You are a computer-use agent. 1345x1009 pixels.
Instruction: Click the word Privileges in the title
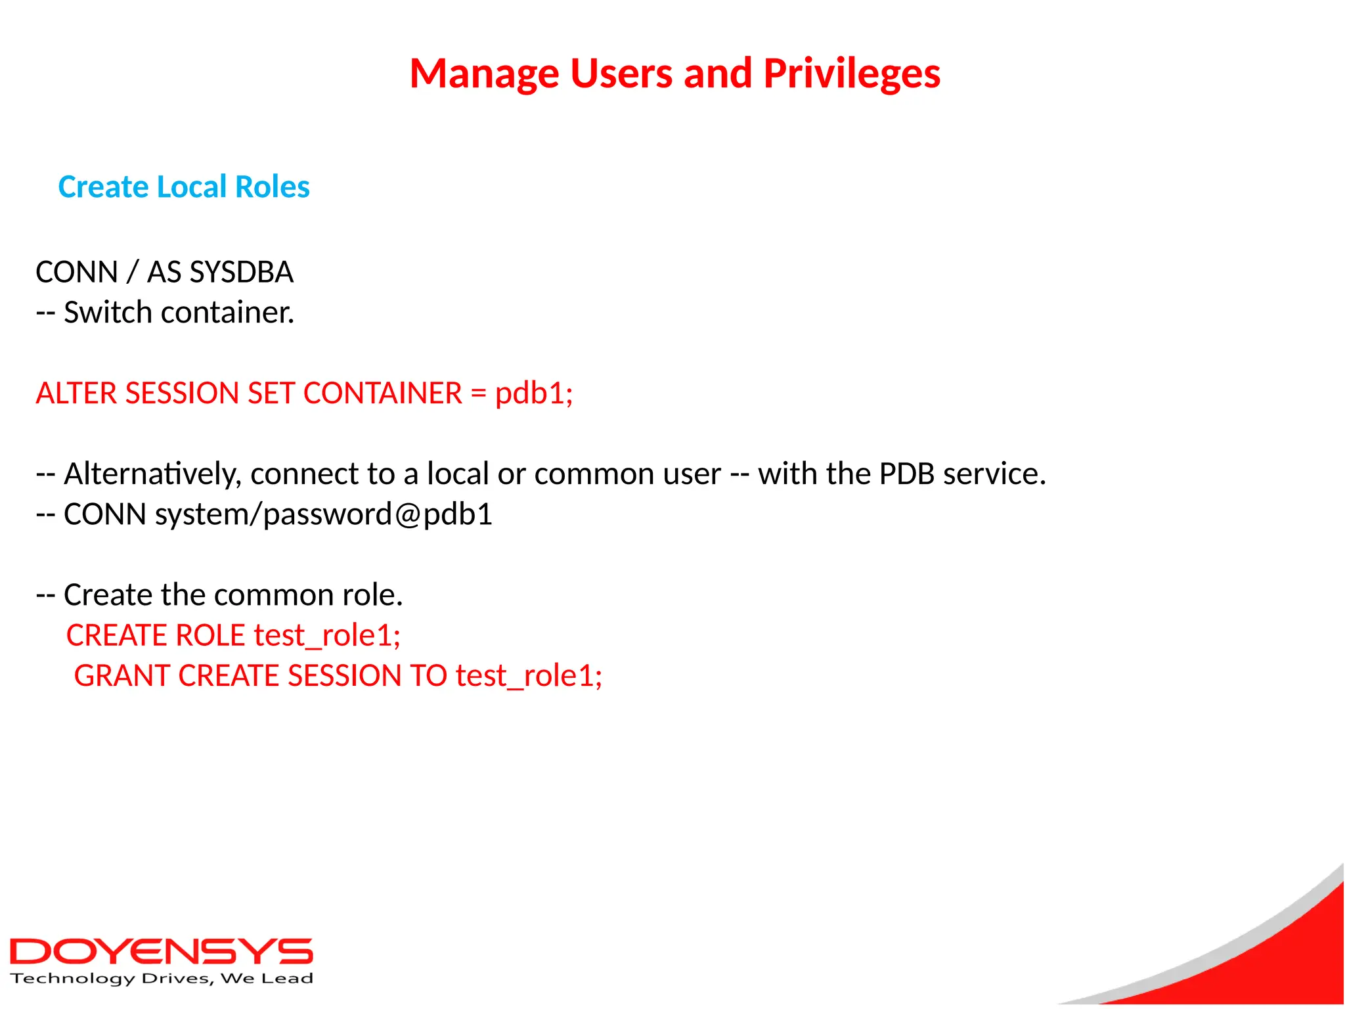click(x=852, y=74)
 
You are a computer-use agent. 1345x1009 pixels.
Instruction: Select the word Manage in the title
click(x=484, y=74)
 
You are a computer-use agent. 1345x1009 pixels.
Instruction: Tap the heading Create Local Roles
click(x=184, y=187)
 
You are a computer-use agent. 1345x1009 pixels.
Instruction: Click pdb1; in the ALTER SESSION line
click(x=534, y=393)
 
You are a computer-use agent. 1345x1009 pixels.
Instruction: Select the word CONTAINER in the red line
click(x=383, y=393)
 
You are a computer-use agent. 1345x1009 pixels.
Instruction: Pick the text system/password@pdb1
click(x=324, y=514)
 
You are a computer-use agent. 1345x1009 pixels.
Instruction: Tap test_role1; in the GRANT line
click(x=529, y=676)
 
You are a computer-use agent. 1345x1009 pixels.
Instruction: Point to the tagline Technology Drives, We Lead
click(x=162, y=979)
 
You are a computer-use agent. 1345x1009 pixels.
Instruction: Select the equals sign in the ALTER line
click(x=478, y=393)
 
